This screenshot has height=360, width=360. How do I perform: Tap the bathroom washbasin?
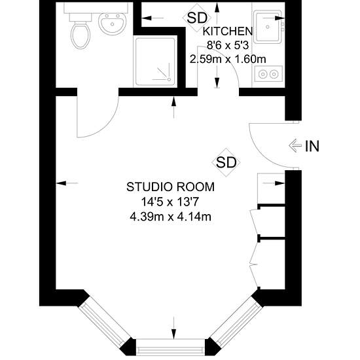pos(113,24)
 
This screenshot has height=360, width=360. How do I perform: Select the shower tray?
pos(155,62)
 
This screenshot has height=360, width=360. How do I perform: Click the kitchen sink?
pos(268,27)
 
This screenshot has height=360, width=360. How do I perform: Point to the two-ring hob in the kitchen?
pos(268,74)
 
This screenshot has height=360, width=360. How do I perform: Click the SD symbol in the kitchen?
pos(197,18)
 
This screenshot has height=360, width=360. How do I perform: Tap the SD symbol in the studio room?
pos(226,162)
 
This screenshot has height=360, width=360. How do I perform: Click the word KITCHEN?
pos(228,31)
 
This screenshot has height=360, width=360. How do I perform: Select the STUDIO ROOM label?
pos(170,187)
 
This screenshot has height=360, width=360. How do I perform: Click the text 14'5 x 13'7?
pos(170,202)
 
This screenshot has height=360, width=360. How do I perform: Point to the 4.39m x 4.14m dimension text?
pos(170,217)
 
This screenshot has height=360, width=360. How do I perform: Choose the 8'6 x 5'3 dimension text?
pos(228,45)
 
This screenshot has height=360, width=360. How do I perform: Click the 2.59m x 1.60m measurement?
pos(228,59)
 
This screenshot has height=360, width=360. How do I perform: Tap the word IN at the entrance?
pos(312,146)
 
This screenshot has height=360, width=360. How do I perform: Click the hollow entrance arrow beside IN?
pos(295,145)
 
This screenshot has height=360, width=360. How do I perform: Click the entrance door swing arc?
pos(259,154)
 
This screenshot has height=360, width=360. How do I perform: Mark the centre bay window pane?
pos(170,347)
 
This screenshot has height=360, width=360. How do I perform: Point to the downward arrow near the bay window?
pos(174,328)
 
